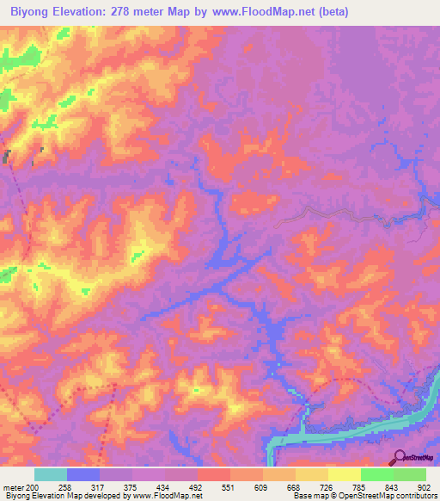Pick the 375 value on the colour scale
click(x=133, y=486)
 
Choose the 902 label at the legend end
click(x=425, y=486)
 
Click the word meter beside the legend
click(x=13, y=486)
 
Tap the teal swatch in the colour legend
click(x=50, y=474)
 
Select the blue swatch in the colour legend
click(x=83, y=474)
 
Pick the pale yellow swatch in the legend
click(x=344, y=474)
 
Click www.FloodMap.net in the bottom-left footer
click(x=171, y=497)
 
